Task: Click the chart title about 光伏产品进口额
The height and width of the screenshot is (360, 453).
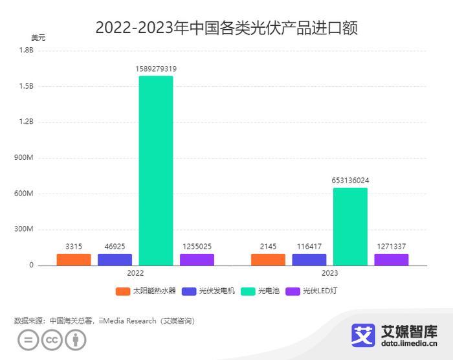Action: tap(226, 28)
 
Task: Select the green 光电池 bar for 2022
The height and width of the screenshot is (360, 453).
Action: tap(155, 170)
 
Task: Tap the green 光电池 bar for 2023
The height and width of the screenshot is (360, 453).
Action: tap(350, 226)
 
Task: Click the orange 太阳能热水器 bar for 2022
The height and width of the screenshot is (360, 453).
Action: tap(74, 259)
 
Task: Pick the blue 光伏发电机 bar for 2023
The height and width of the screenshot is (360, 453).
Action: tap(309, 259)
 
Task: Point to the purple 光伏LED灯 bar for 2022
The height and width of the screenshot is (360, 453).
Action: tap(197, 259)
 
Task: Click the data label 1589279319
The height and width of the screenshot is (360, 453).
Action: tap(155, 69)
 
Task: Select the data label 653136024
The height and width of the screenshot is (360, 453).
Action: tap(350, 180)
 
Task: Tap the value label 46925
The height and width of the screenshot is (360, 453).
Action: tap(115, 247)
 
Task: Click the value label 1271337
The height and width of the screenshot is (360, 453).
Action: tap(392, 247)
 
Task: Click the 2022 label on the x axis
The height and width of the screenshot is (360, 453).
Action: tap(135, 274)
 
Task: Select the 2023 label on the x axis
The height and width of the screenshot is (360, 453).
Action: tap(329, 274)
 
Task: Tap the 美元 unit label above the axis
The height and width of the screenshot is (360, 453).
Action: tap(38, 38)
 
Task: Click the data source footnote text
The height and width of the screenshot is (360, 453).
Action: tap(104, 321)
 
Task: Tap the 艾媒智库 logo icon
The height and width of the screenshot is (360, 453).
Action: tap(363, 335)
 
